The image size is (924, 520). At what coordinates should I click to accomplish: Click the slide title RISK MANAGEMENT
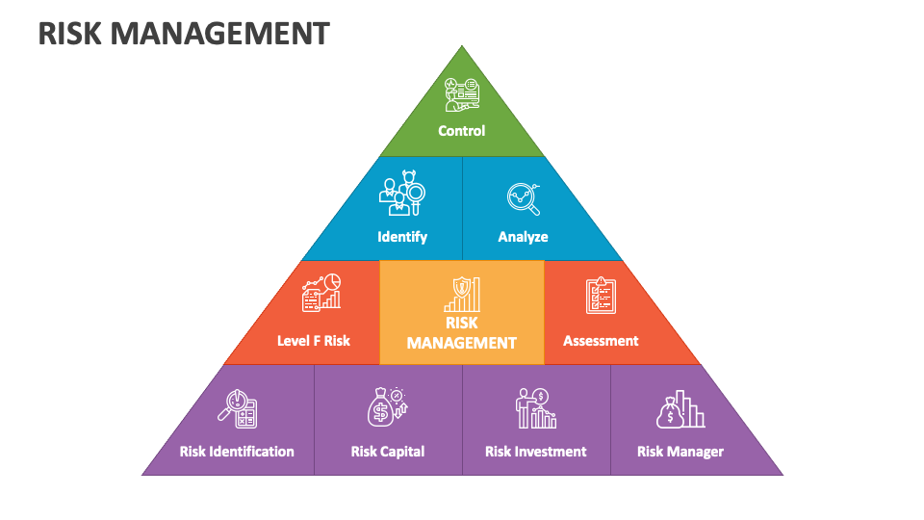[184, 34]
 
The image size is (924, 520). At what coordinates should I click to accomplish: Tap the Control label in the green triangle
[462, 131]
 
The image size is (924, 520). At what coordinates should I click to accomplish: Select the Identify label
[402, 237]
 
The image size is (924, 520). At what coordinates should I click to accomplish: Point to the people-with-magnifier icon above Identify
[401, 195]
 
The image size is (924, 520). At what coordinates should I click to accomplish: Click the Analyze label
[523, 237]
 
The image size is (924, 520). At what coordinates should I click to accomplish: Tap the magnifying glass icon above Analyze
[524, 197]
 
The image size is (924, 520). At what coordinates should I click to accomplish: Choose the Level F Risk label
[314, 341]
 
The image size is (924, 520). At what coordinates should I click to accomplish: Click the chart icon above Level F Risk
[321, 292]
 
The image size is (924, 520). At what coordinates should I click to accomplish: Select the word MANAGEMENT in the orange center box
[462, 343]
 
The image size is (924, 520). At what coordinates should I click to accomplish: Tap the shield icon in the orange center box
[462, 294]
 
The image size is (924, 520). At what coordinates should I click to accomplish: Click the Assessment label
[601, 341]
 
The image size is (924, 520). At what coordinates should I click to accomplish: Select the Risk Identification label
[237, 452]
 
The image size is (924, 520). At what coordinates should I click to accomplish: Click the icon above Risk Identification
[237, 408]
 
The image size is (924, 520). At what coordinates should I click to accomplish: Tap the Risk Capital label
[388, 452]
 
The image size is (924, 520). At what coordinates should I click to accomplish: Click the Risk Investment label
[536, 452]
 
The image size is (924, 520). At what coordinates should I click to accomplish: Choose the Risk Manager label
[680, 452]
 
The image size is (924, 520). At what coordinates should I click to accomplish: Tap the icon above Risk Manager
[680, 409]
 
